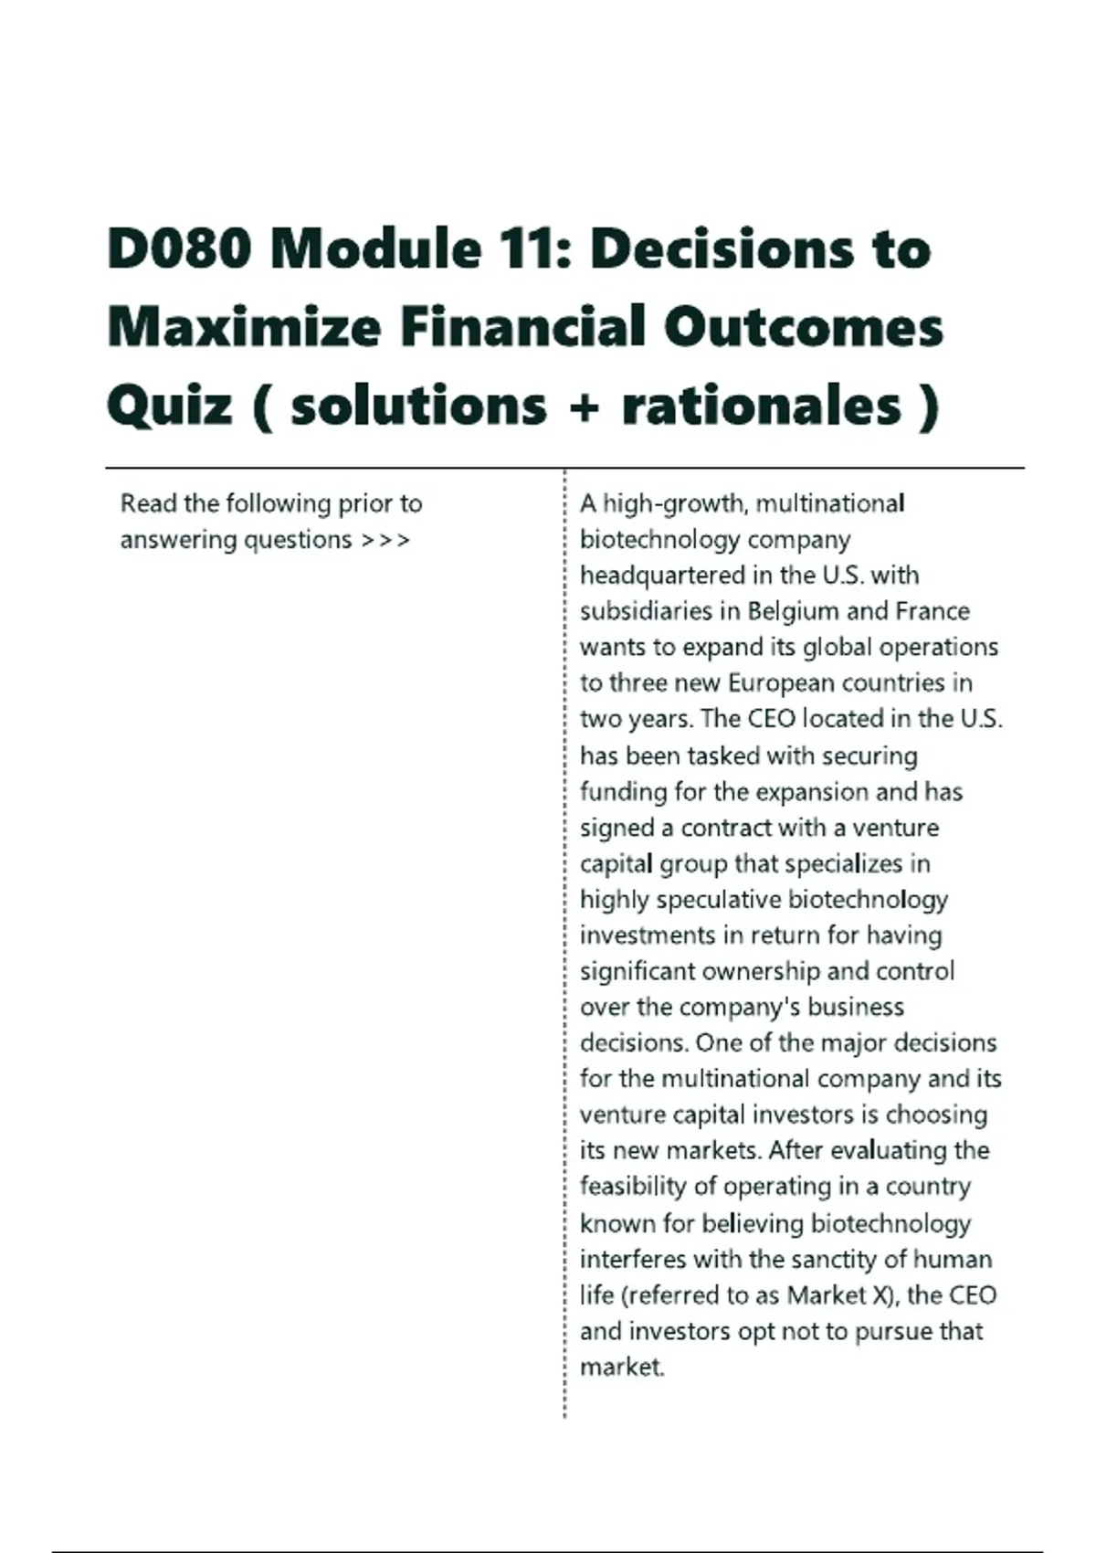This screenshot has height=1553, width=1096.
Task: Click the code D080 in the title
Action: pyautogui.click(x=179, y=248)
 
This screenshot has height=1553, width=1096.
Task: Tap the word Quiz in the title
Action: pyautogui.click(x=169, y=405)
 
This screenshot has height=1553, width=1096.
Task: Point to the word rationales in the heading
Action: pyautogui.click(x=762, y=405)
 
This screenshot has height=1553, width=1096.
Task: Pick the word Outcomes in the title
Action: pyautogui.click(x=803, y=327)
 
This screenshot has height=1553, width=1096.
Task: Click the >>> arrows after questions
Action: pyautogui.click(x=385, y=540)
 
